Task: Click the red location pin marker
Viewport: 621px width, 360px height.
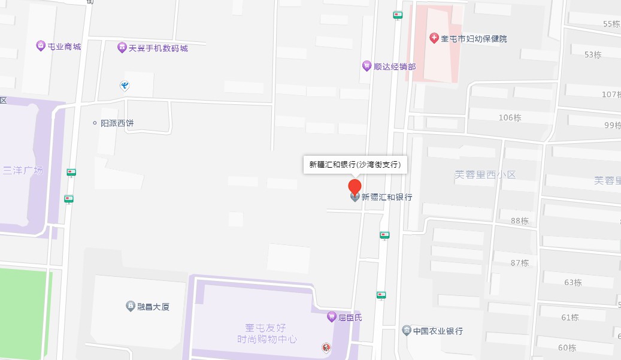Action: click(355, 187)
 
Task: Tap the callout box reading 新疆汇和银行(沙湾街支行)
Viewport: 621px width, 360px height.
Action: click(355, 164)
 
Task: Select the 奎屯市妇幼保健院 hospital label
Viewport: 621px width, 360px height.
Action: click(474, 38)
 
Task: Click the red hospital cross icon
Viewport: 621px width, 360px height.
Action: click(434, 38)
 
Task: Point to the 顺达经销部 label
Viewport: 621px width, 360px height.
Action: click(394, 66)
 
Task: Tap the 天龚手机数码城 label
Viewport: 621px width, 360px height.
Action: click(158, 47)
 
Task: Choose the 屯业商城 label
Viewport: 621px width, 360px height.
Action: click(64, 46)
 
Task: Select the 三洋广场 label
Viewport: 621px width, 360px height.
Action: click(23, 170)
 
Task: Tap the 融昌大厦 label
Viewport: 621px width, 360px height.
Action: click(153, 307)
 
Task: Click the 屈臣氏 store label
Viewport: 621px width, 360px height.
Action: click(350, 317)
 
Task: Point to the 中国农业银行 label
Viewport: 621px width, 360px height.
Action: click(438, 331)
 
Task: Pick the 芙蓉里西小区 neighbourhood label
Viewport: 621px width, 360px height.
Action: click(485, 175)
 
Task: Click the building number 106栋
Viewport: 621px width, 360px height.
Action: click(510, 117)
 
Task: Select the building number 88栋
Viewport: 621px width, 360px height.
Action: click(519, 221)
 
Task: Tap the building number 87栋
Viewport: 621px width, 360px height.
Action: click(519, 263)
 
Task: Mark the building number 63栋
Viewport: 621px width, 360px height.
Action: click(572, 282)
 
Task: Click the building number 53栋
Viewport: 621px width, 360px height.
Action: click(592, 55)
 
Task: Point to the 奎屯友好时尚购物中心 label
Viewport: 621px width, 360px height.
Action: click(267, 334)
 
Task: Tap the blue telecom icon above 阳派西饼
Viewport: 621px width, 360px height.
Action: click(125, 86)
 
